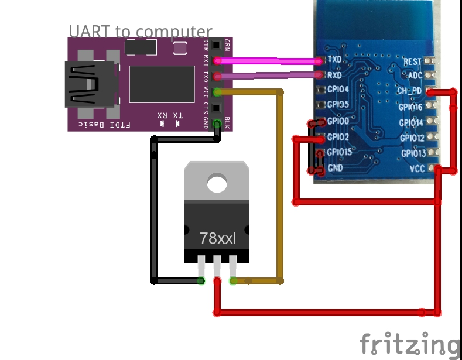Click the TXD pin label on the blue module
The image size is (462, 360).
(x=335, y=60)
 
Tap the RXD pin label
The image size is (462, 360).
(x=335, y=75)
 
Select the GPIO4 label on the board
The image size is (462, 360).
(x=338, y=90)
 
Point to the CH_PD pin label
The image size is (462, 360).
(x=410, y=91)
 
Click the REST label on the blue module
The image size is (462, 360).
(x=412, y=61)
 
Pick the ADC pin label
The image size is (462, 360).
(x=415, y=76)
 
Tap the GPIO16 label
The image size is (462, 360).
(x=410, y=107)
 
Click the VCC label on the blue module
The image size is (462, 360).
(x=417, y=169)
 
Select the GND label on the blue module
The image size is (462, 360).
(x=336, y=167)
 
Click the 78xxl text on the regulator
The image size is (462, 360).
(x=217, y=238)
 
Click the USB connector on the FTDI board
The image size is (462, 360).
(x=88, y=84)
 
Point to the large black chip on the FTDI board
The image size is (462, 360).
(x=162, y=84)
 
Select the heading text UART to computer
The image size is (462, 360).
(x=140, y=31)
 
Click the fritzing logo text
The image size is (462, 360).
(x=409, y=344)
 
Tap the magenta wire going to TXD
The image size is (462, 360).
(x=269, y=60)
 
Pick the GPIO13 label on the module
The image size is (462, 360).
(x=413, y=153)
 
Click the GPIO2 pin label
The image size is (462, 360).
(x=338, y=137)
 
